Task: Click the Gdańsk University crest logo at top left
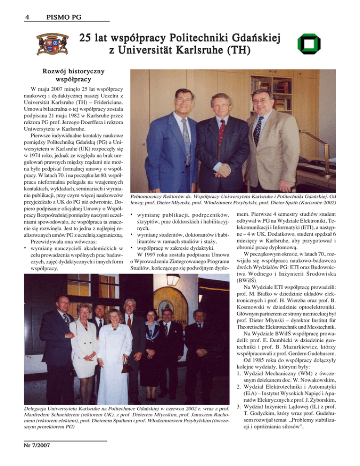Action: point(48,43)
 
